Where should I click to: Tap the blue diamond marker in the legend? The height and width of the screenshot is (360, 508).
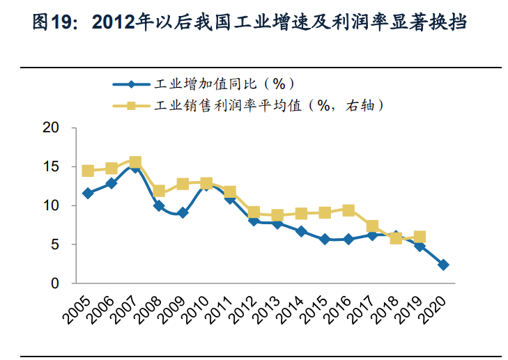[130, 85]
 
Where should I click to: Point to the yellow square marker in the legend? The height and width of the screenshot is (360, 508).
[130, 106]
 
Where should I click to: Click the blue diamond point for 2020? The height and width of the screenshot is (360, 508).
[443, 265]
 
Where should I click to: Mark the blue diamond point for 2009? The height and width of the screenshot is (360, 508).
[183, 213]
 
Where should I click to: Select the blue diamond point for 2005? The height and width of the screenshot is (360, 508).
[88, 193]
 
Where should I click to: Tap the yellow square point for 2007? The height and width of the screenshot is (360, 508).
[135, 162]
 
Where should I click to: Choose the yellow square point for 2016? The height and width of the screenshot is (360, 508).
[348, 210]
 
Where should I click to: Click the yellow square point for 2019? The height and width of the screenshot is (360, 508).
[420, 237]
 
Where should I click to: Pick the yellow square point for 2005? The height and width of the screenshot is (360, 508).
[88, 171]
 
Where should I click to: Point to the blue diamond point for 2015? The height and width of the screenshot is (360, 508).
[325, 239]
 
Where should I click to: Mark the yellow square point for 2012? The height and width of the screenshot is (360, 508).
[254, 212]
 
